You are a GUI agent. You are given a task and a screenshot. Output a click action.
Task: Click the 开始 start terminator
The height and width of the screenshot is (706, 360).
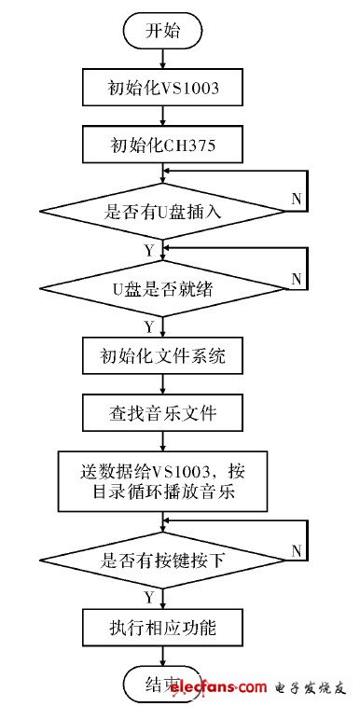tap(163, 30)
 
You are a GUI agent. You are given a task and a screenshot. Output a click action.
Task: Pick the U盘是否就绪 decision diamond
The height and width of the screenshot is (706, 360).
tap(163, 287)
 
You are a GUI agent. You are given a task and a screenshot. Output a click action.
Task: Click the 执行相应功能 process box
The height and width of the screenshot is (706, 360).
tap(163, 623)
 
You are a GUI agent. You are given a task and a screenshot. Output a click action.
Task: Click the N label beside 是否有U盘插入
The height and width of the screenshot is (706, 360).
tap(297, 199)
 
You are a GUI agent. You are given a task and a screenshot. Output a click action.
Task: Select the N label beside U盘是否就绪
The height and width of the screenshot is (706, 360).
tap(297, 277)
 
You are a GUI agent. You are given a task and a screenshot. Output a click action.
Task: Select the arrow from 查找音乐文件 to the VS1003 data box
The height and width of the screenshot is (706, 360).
tap(163, 439)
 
